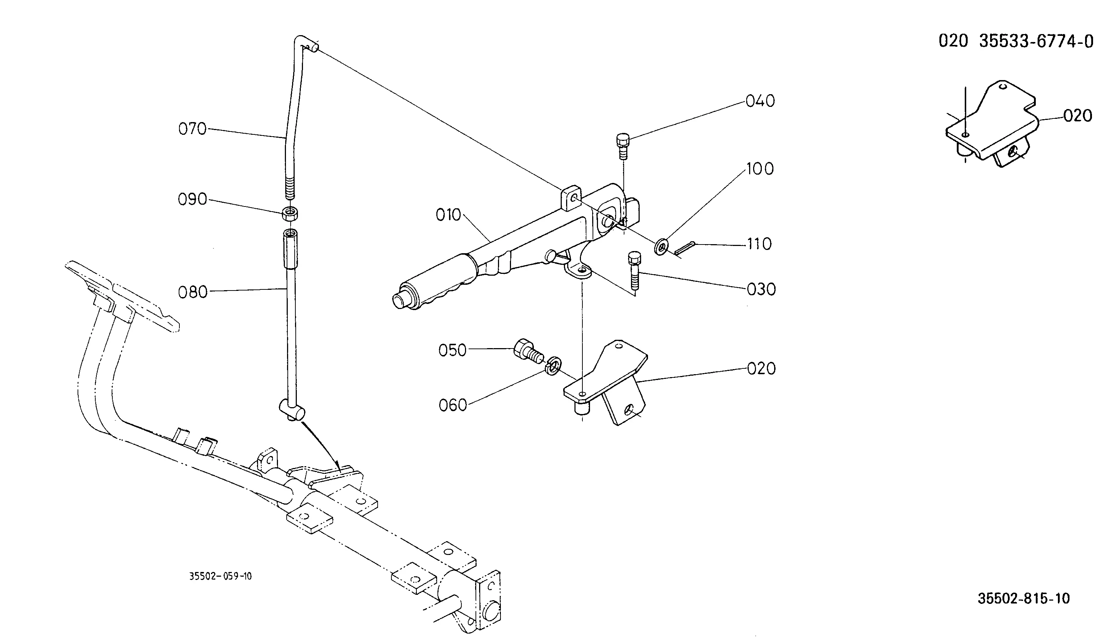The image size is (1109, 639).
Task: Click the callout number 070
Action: click(x=192, y=129)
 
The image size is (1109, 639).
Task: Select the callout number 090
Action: click(x=192, y=199)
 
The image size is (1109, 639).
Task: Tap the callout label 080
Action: click(x=193, y=292)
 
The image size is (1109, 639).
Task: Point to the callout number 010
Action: click(x=448, y=215)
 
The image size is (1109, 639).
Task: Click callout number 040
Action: click(x=760, y=101)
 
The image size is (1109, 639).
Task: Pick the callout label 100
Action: click(x=760, y=169)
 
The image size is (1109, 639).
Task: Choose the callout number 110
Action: click(x=760, y=244)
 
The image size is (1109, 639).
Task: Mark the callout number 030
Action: click(x=761, y=290)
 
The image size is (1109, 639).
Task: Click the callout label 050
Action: click(x=452, y=350)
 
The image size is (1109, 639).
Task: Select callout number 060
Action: click(x=453, y=405)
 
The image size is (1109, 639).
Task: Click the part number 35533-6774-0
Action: click(x=1037, y=41)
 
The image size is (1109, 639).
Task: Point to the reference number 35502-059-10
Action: click(x=220, y=576)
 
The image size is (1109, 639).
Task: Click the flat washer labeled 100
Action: click(x=661, y=247)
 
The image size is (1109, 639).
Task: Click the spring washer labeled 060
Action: click(x=553, y=365)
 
